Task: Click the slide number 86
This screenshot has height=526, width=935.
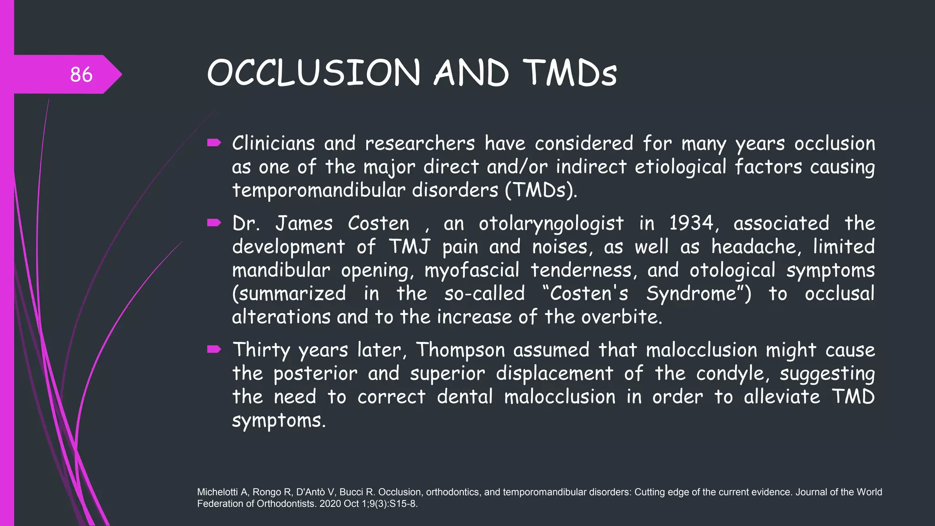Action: pos(81,74)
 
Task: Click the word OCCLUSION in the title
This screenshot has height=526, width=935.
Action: pos(313,73)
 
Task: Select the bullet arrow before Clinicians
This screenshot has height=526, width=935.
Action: pos(214,143)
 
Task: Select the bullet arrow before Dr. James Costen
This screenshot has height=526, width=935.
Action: pos(214,223)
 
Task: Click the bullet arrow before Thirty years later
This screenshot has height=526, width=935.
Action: pos(214,350)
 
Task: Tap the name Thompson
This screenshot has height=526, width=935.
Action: pos(460,350)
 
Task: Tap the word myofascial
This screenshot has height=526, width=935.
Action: pos(472,270)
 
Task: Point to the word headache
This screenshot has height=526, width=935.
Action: pos(754,247)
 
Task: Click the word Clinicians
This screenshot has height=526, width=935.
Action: pos(273,143)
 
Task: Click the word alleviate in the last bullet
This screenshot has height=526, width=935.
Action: pos(782,397)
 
